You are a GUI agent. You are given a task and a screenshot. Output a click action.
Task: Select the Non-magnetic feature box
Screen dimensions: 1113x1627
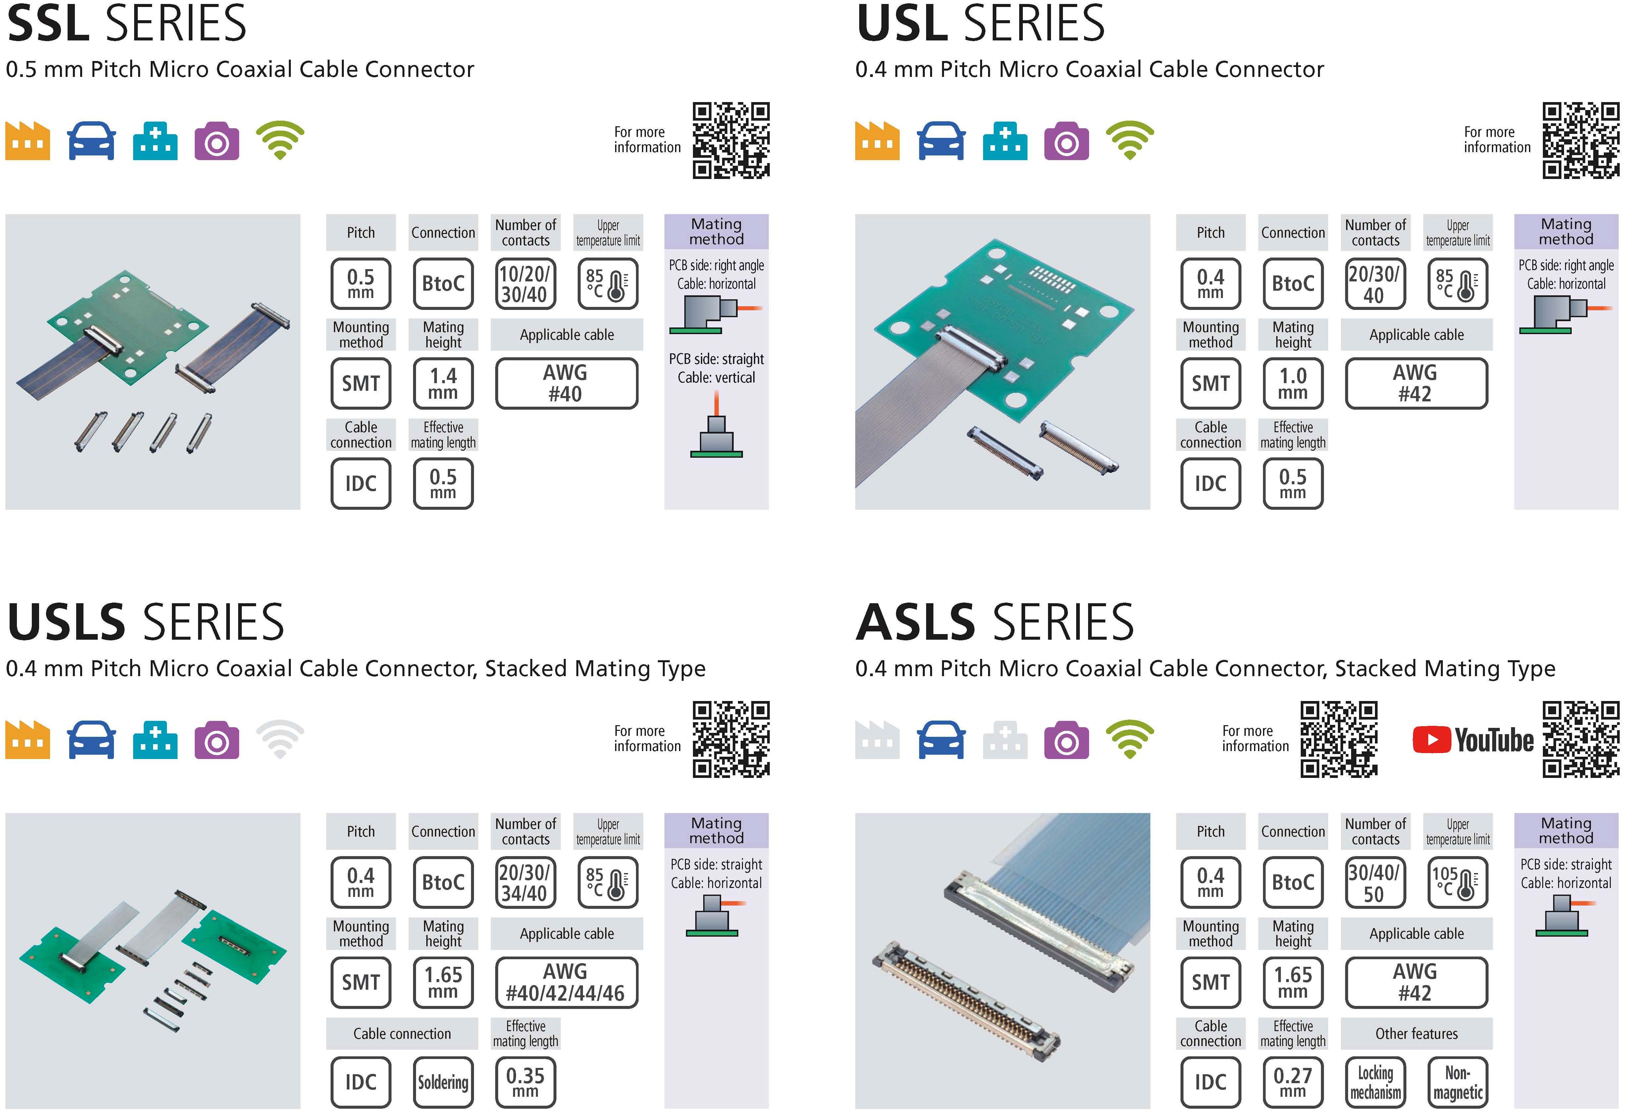1458,1082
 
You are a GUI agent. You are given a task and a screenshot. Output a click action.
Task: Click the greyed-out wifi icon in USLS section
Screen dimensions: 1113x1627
280,739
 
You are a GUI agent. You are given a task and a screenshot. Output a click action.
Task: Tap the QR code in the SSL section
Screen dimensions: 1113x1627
731,140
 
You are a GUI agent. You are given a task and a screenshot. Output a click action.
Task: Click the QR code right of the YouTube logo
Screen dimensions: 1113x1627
1581,739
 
